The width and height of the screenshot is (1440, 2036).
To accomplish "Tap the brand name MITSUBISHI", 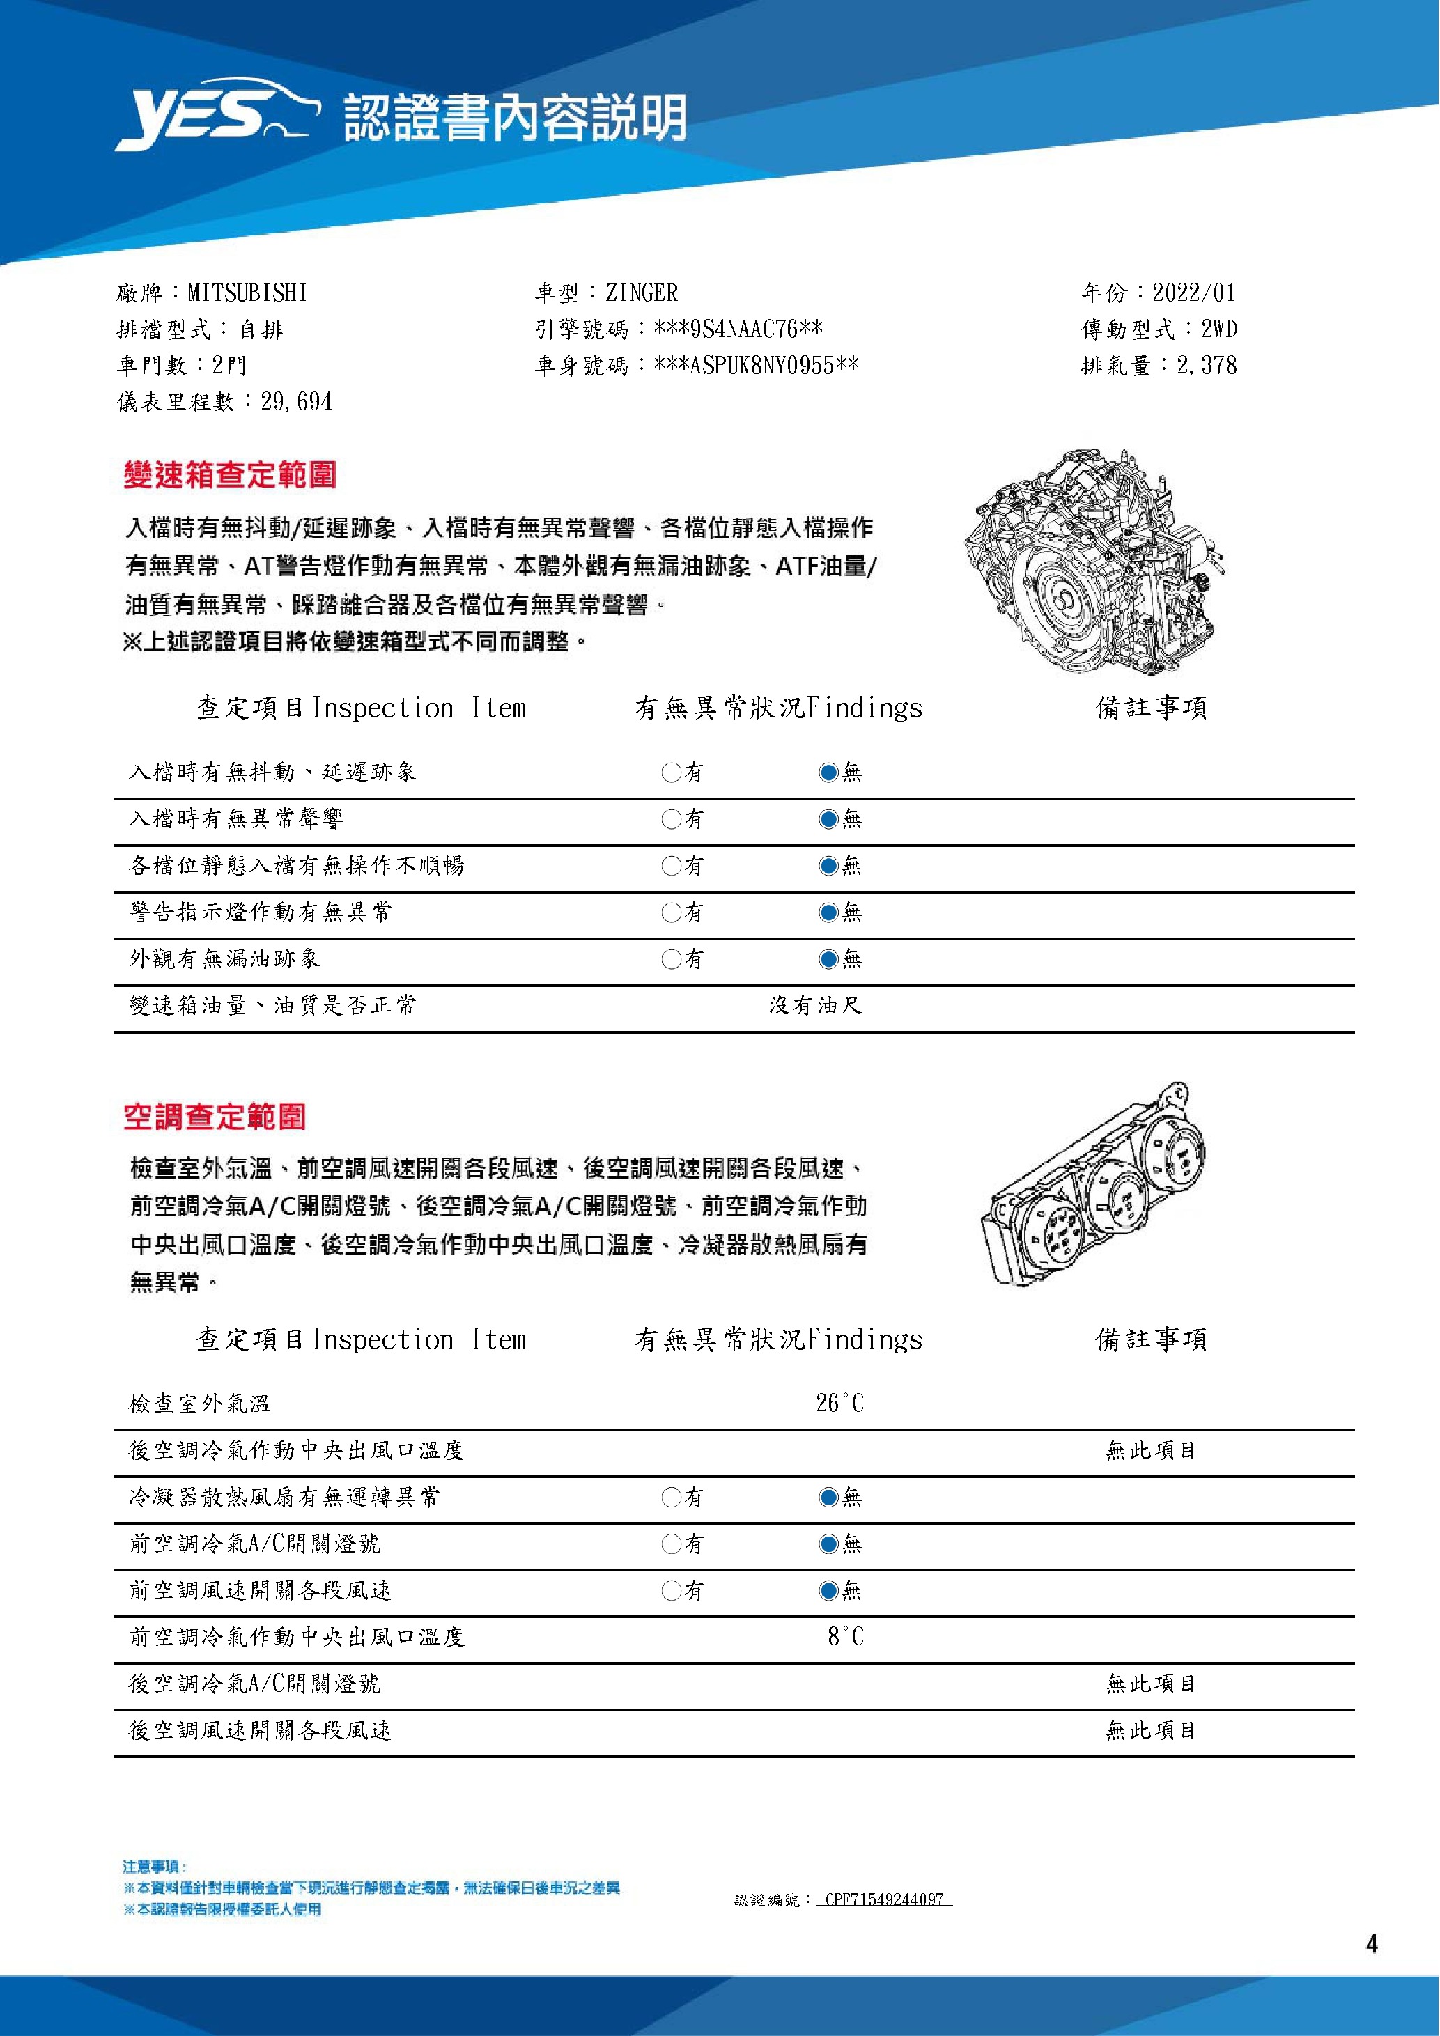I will pyautogui.click(x=247, y=293).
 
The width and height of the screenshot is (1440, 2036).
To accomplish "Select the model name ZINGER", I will pyautogui.click(x=641, y=293).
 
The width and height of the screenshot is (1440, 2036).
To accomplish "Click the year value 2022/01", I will pyautogui.click(x=1193, y=293).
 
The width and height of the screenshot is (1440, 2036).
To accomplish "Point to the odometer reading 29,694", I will pyautogui.click(x=296, y=402).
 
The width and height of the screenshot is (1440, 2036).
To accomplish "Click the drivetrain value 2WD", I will pyautogui.click(x=1219, y=329).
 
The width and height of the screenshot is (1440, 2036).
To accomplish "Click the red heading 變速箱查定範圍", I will pyautogui.click(x=231, y=475).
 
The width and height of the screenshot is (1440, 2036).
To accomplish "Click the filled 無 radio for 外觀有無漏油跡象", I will pyautogui.click(x=828, y=958).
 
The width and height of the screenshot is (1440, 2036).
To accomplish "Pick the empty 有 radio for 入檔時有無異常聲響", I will pyautogui.click(x=671, y=818).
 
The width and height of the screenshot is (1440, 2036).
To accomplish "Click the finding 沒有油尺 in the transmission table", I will pyautogui.click(x=816, y=1006).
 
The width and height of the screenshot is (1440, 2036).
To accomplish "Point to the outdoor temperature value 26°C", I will pyautogui.click(x=839, y=1403).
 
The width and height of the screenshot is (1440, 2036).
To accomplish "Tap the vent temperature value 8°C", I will pyautogui.click(x=845, y=1636).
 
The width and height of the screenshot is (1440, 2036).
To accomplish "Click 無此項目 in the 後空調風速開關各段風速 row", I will pyautogui.click(x=1151, y=1730).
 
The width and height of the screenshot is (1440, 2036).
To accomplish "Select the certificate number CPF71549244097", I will pyautogui.click(x=883, y=1899).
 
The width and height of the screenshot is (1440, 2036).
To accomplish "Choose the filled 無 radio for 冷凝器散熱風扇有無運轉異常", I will pyautogui.click(x=828, y=1498).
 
